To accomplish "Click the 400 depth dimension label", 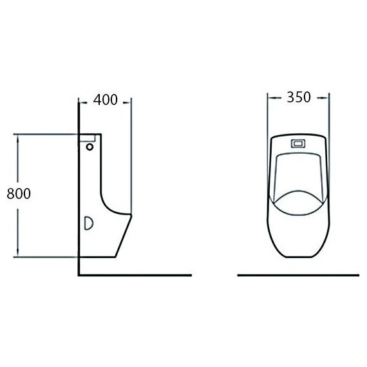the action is tap(106, 100).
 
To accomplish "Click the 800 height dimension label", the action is tap(19, 194).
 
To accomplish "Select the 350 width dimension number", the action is tap(299, 97).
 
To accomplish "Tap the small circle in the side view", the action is tap(89, 147).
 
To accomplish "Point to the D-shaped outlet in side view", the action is tap(89, 223).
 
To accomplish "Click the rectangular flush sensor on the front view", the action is tap(298, 144).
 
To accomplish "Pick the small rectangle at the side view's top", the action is tap(88, 138).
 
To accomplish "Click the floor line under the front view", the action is tap(298, 276).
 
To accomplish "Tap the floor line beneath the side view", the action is tap(135, 276).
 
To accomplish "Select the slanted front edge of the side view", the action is tap(124, 236).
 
